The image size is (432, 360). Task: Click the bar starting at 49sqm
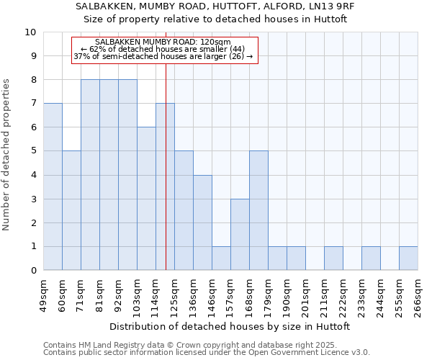coord(53,186)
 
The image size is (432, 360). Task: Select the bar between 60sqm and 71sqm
coord(71,210)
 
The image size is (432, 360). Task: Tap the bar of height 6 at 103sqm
coord(146,199)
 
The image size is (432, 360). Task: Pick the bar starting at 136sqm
coord(202,222)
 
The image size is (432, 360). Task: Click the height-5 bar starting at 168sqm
coord(258,210)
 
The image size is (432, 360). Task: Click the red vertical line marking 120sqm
coord(166,166)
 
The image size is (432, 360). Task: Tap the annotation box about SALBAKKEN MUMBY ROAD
coord(164,50)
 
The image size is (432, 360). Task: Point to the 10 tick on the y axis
coord(32,32)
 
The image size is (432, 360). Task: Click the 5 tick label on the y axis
coord(33,151)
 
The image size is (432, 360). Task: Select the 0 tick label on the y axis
coord(33,270)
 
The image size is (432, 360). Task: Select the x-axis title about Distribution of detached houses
coord(230,326)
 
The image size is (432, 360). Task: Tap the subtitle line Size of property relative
coord(215,19)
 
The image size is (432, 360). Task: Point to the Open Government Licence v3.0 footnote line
coord(207,353)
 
